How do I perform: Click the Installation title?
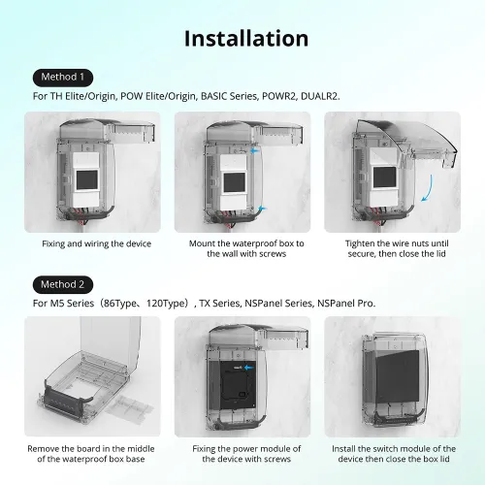click(x=245, y=39)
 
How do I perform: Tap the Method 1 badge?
click(x=63, y=77)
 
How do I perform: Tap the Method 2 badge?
click(x=63, y=284)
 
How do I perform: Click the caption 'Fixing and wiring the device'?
click(x=96, y=243)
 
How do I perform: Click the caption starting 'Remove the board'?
click(x=96, y=454)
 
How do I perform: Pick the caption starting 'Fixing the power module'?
click(x=242, y=454)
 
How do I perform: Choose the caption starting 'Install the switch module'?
click(x=390, y=454)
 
